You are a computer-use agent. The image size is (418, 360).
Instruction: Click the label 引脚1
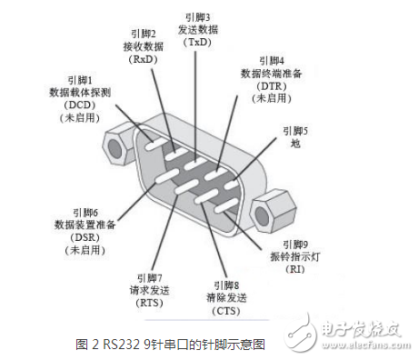pyautogui.click(x=80, y=79)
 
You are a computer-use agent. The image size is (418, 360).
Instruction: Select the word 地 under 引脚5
pyautogui.click(x=294, y=144)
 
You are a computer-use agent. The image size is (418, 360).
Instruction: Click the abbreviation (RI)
pyautogui.click(x=295, y=270)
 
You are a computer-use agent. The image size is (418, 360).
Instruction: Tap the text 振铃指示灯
pyautogui.click(x=295, y=257)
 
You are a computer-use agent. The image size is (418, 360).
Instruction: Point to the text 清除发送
pyautogui.click(x=227, y=297)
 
